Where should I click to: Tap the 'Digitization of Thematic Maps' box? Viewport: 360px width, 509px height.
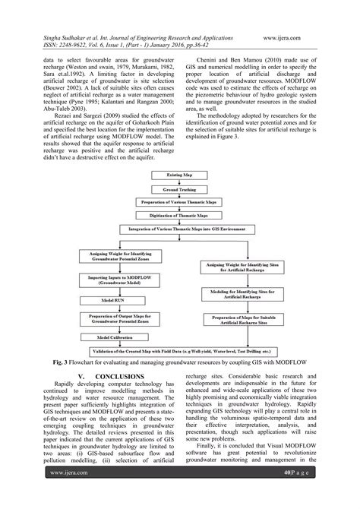[180, 214]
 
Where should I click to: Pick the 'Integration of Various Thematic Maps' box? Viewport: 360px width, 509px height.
[181, 229]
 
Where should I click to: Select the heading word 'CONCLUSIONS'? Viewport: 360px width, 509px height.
[112, 375]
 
